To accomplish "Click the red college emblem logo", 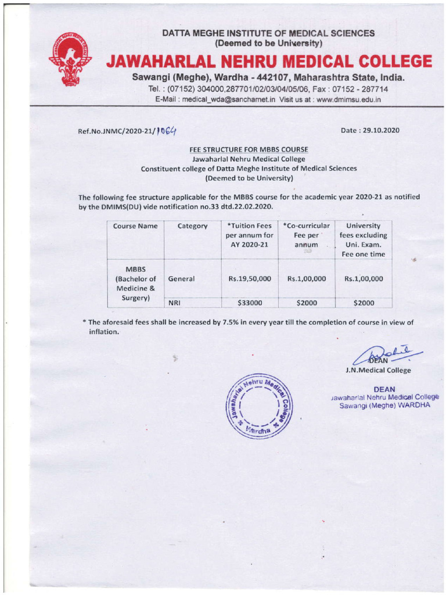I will pyautogui.click(x=70, y=60).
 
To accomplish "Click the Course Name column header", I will pyautogui.click(x=135, y=226).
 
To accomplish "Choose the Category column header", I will pyautogui.click(x=192, y=226).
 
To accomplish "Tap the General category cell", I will pyautogui.click(x=181, y=279).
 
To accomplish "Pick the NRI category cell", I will pyautogui.click(x=174, y=302).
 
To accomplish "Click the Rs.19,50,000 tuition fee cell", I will pyautogui.click(x=250, y=279).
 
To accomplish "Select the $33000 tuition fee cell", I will pyautogui.click(x=250, y=302).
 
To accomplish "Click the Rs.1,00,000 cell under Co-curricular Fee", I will pyautogui.click(x=307, y=279).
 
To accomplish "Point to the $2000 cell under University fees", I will pyautogui.click(x=364, y=302).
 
